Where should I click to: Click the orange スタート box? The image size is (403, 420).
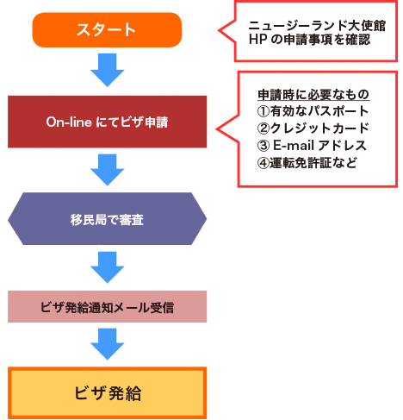click(107, 29)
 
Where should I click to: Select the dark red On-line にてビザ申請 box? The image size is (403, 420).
click(107, 122)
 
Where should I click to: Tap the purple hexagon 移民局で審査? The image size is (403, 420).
click(107, 219)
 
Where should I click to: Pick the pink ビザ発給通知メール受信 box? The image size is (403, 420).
click(107, 306)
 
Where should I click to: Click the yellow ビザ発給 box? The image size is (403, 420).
click(107, 392)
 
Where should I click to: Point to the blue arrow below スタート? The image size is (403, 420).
click(108, 70)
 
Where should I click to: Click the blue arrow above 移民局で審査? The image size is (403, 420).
click(108, 170)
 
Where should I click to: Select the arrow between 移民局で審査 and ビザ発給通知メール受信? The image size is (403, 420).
click(108, 267)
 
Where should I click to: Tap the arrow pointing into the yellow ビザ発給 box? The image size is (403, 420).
click(108, 344)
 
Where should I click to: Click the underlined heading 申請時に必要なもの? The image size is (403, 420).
click(313, 95)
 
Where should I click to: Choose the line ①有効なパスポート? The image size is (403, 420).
click(313, 111)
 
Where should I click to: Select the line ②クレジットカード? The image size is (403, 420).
click(313, 129)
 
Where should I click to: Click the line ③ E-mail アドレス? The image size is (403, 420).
click(312, 145)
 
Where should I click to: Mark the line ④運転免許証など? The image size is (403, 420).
click(307, 163)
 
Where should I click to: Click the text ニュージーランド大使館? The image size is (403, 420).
click(317, 26)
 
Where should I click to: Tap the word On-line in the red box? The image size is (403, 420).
click(69, 122)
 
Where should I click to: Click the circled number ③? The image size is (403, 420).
click(263, 146)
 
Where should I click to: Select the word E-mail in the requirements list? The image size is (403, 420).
click(294, 145)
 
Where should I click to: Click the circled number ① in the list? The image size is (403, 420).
click(263, 111)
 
